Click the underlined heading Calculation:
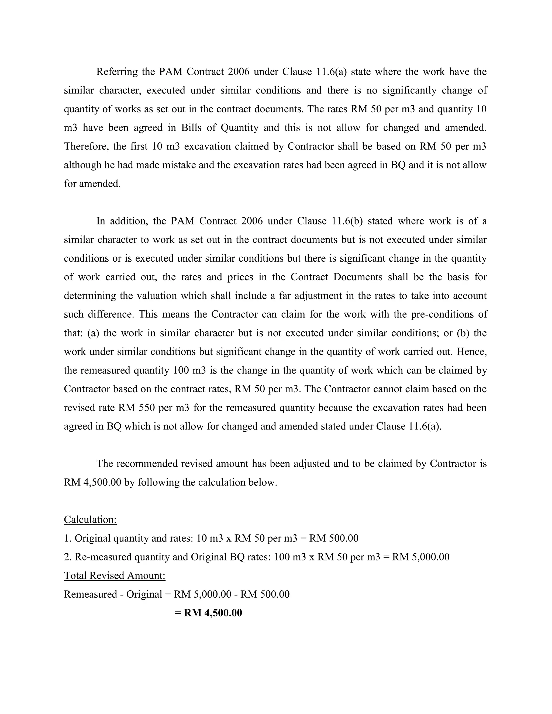[x=90, y=519]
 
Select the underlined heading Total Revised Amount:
[x=115, y=576]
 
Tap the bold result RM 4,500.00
[x=213, y=613]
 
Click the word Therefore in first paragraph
[x=86, y=146]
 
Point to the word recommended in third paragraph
[x=153, y=464]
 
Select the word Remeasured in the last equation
[x=90, y=594]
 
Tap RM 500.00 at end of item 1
[x=334, y=538]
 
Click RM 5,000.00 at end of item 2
[x=420, y=557]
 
